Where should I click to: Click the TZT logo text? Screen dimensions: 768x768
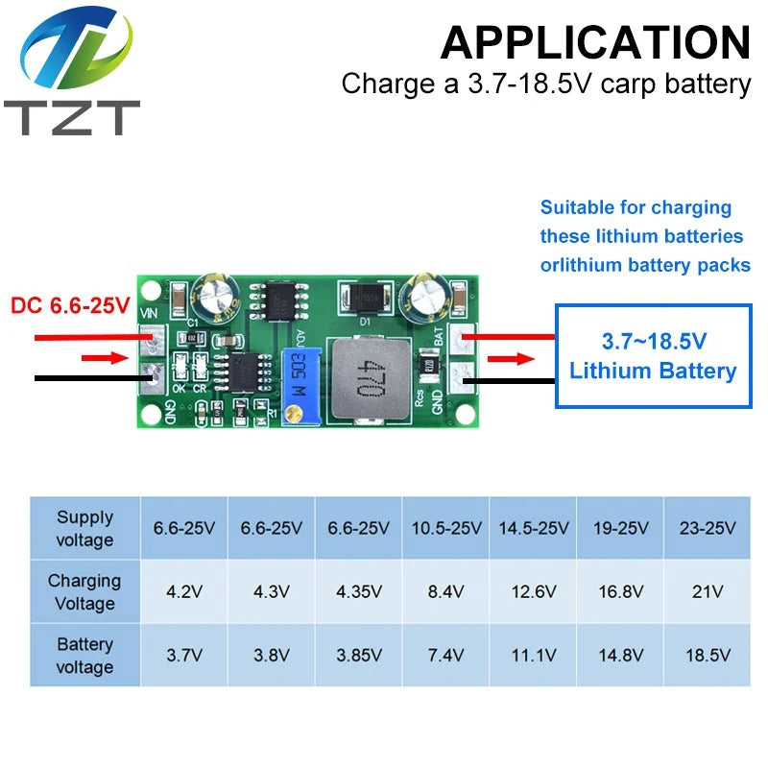[71, 117]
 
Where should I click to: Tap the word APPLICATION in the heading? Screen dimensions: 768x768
[595, 42]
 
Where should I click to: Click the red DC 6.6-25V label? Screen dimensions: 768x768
[70, 306]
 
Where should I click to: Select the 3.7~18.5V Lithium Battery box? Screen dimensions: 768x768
[653, 356]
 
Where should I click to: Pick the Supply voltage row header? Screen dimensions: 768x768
[84, 528]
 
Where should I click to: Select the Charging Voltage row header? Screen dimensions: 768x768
[84, 591]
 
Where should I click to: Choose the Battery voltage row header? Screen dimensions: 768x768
[84, 655]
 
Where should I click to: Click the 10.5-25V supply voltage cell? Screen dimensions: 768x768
[445, 528]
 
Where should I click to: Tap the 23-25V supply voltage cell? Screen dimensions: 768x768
[708, 528]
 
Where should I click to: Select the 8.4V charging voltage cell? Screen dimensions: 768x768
[445, 591]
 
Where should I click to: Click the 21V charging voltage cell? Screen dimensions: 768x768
[708, 591]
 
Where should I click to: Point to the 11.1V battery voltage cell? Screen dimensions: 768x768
[533, 655]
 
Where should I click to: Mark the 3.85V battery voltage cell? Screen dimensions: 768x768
[358, 655]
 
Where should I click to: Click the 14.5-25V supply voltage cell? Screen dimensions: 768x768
[533, 528]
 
